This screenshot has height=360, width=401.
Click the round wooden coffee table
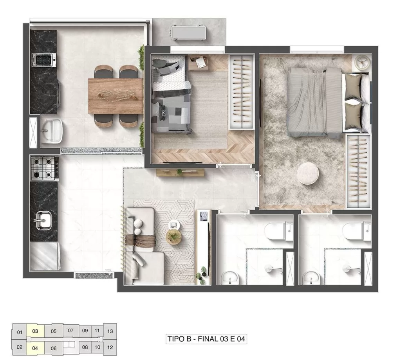click(x=173, y=236)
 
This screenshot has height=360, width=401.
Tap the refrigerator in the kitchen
click(x=45, y=257)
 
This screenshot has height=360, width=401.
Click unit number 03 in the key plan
click(x=35, y=331)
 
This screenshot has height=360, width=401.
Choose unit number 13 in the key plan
click(x=110, y=331)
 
